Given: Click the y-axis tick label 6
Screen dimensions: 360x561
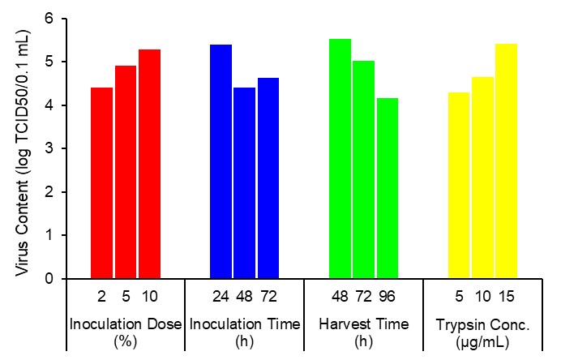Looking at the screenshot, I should point(50,18).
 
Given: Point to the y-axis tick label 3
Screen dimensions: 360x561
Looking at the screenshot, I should point(50,148).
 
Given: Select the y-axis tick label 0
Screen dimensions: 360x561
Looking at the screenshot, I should point(50,279).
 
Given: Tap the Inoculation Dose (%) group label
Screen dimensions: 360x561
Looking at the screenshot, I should point(126,332).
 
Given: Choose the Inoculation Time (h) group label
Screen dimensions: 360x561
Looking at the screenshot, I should point(245,332).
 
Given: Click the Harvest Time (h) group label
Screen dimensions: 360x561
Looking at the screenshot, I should point(364,332).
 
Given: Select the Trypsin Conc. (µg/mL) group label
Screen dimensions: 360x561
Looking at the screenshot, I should point(483,332).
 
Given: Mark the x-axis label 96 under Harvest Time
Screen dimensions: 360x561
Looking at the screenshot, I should point(388,296).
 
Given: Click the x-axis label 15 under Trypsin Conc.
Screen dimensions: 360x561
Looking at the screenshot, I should point(507,296).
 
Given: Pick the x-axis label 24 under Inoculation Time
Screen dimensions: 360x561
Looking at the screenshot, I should point(221,296).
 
